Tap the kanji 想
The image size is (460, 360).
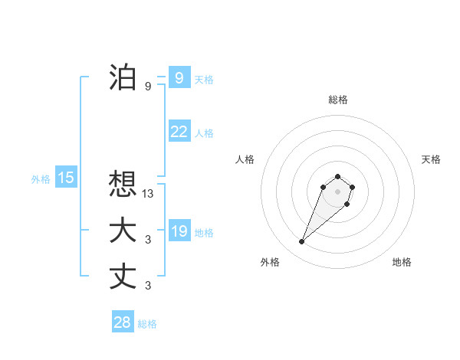click(x=123, y=183)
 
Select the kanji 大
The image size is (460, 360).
click(x=123, y=231)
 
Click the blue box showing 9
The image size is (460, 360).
click(x=179, y=77)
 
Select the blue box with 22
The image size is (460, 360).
click(x=179, y=132)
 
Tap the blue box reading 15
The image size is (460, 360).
click(x=66, y=178)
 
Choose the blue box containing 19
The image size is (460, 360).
click(x=179, y=231)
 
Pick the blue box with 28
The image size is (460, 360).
click(x=122, y=322)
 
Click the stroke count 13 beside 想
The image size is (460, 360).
click(x=148, y=194)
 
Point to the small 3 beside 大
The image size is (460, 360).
click(x=148, y=241)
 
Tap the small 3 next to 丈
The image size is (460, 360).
click(x=148, y=286)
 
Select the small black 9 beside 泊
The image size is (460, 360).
click(x=148, y=87)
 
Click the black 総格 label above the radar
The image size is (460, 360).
click(x=337, y=100)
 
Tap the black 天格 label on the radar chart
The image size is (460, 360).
click(x=431, y=159)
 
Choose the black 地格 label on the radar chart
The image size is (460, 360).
click(x=402, y=262)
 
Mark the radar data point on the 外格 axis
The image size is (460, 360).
click(x=301, y=242)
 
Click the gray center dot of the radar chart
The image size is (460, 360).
click(x=337, y=191)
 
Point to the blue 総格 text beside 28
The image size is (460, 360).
click(x=147, y=324)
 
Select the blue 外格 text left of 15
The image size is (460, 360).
click(x=41, y=179)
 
